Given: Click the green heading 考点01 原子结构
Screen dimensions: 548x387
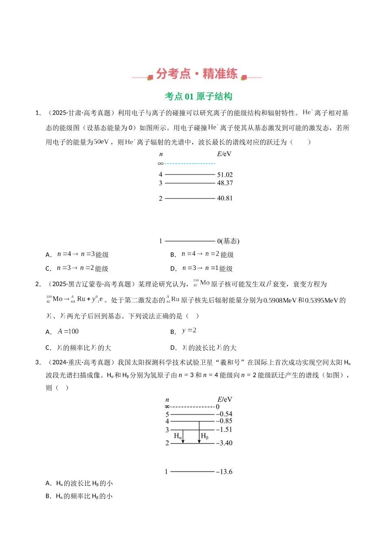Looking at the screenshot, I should (x=198, y=97).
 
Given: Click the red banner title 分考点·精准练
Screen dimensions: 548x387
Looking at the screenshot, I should (x=197, y=74).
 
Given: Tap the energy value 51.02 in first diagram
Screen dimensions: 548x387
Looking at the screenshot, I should (x=225, y=175).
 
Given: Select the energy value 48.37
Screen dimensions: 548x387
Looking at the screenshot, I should (x=225, y=183).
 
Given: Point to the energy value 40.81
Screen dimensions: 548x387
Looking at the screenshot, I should (x=225, y=198).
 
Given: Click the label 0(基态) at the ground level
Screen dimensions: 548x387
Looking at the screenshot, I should (x=228, y=241).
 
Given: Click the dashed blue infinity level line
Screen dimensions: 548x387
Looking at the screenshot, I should (x=189, y=164).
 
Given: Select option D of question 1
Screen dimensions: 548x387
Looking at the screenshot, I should (x=202, y=268).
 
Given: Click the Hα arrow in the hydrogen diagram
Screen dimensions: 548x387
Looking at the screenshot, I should (x=183, y=436).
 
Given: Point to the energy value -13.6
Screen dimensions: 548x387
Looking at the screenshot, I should (x=224, y=472).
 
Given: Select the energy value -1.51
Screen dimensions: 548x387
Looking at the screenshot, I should (x=224, y=429).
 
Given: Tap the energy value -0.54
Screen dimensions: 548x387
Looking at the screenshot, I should (x=224, y=414).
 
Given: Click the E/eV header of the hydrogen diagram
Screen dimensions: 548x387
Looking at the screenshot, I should (x=224, y=400).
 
